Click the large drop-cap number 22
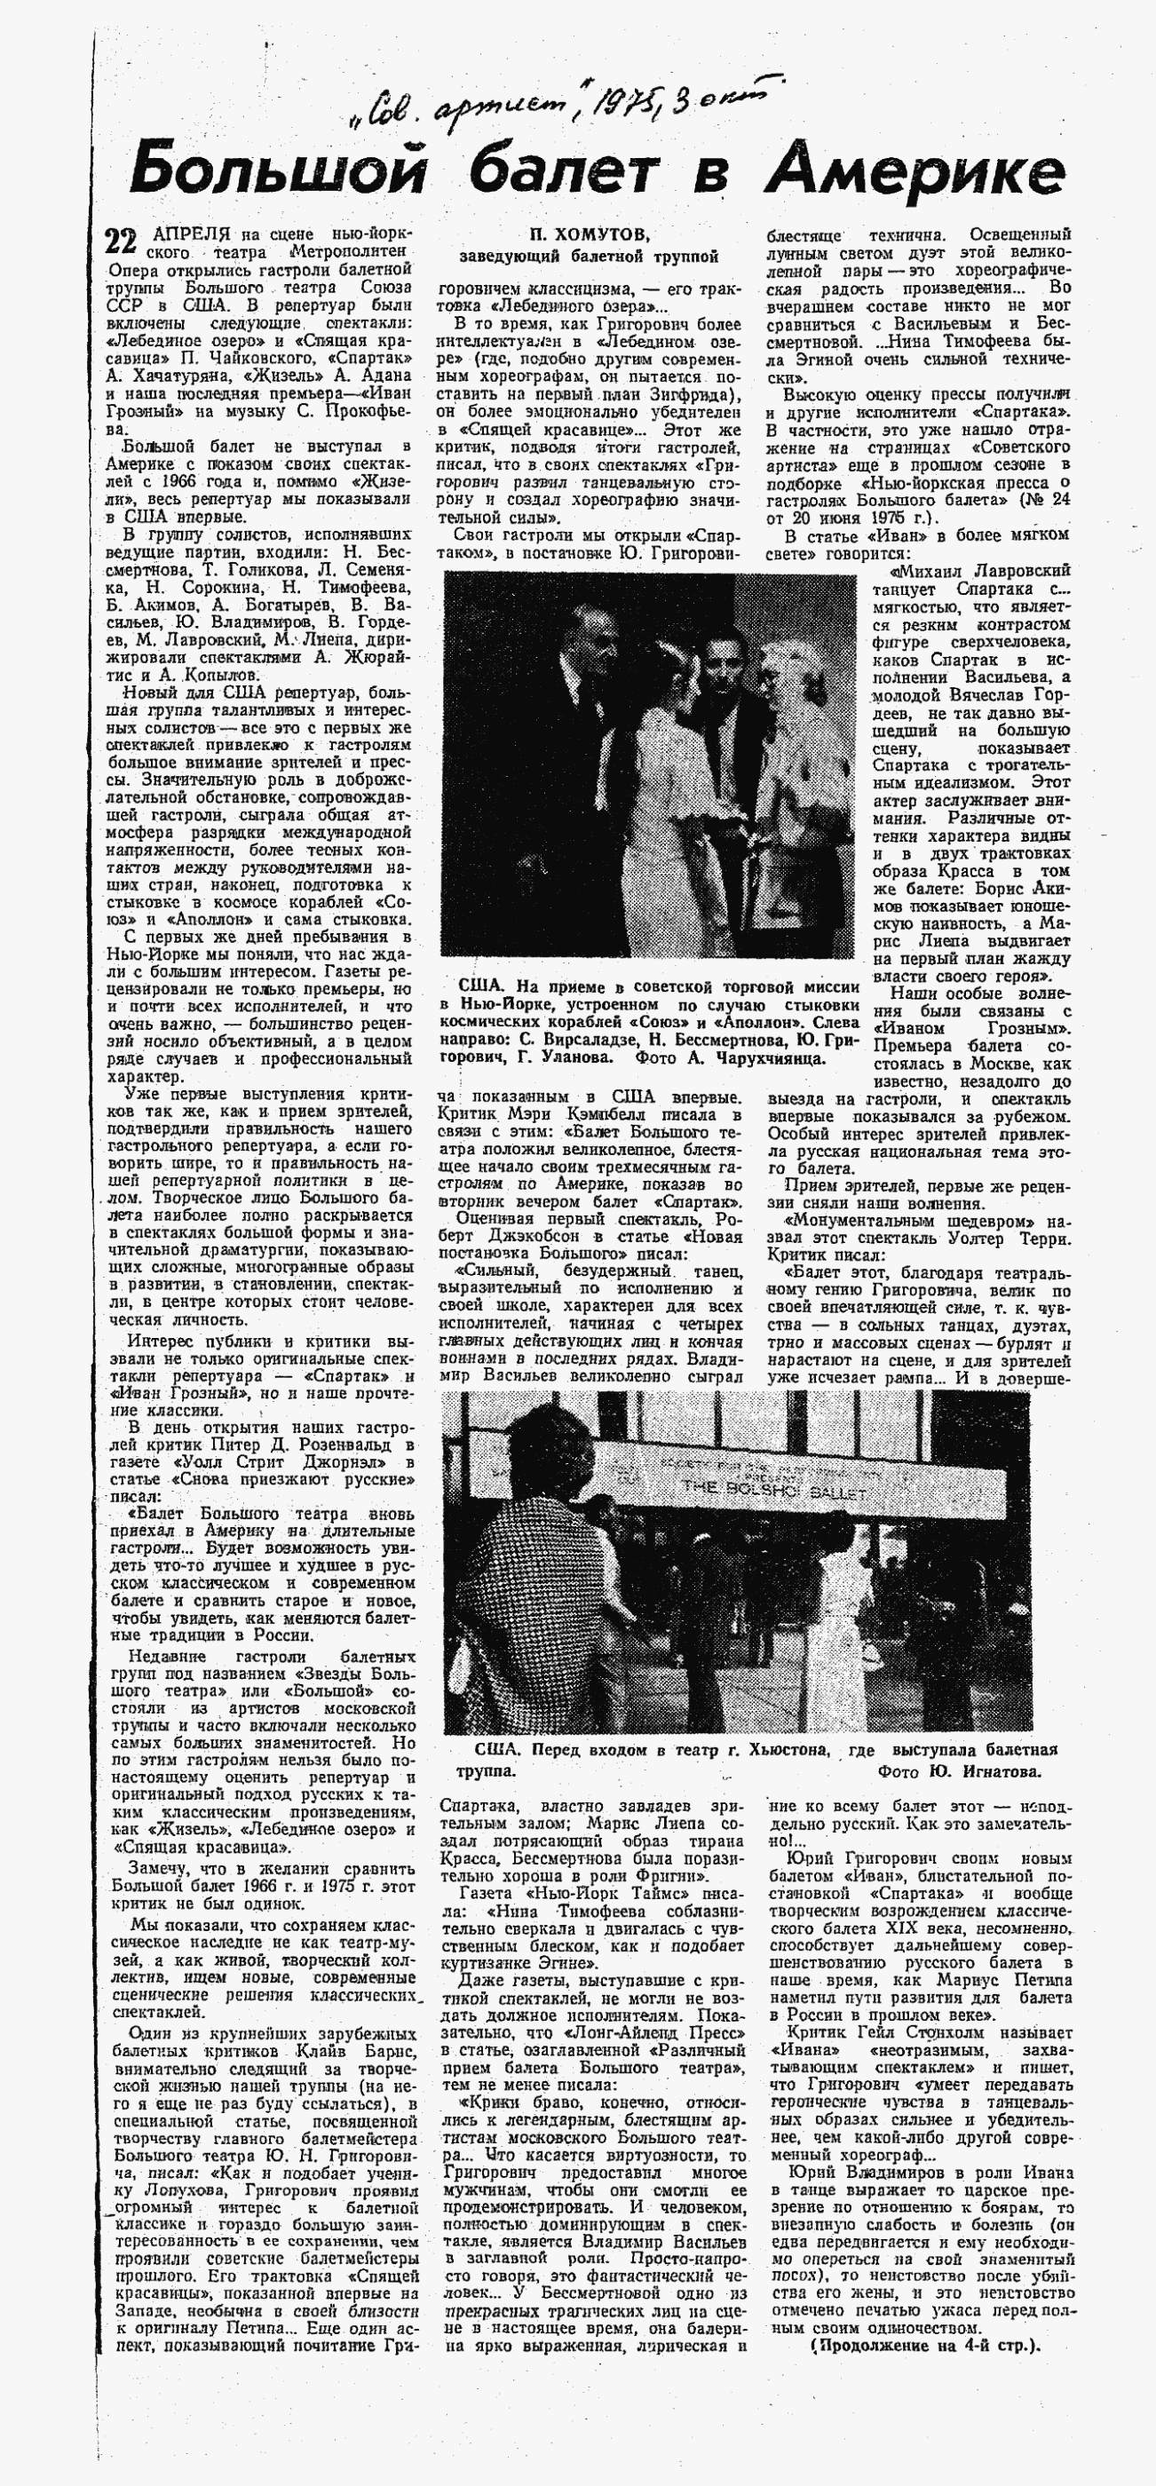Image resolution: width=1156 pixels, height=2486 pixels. coord(123,241)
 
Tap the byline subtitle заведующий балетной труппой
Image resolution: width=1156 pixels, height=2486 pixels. coord(589,256)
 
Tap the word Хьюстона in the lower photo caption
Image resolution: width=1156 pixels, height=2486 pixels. coord(781,1751)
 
